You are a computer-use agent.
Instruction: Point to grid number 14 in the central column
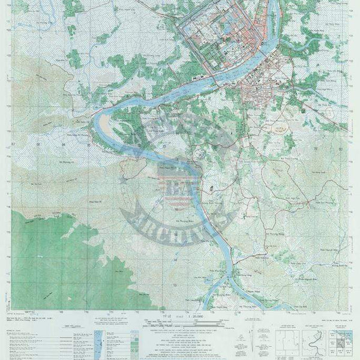coord(175,245)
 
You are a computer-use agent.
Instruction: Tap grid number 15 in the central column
coord(175,219)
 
